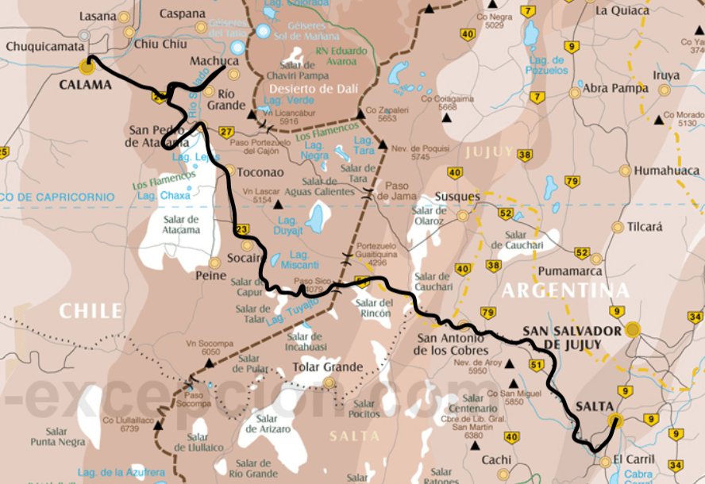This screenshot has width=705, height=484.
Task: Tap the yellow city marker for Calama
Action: (x=86, y=67)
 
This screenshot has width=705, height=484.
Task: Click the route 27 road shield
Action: (x=226, y=133)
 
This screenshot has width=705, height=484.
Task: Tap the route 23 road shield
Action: (x=242, y=230)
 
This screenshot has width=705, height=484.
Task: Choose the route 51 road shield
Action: (x=537, y=365)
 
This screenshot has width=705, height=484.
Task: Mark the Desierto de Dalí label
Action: (x=313, y=88)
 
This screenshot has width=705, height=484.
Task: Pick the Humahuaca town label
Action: (x=666, y=171)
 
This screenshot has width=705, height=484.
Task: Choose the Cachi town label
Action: (x=496, y=459)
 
